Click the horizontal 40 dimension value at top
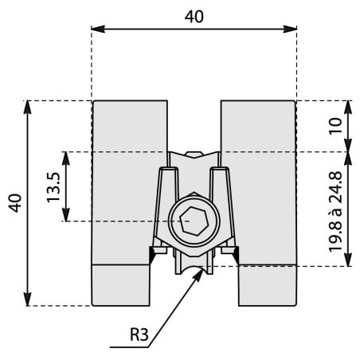[194, 17]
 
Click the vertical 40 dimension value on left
[15, 203]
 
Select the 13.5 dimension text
[53, 187]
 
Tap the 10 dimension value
[335, 127]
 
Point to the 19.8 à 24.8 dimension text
[335, 212]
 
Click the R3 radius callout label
[139, 335]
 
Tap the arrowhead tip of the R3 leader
[202, 271]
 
